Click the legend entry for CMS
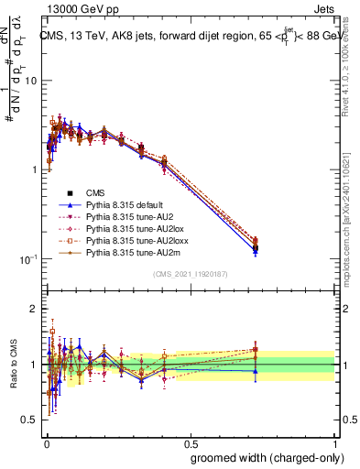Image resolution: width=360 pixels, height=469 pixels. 97,192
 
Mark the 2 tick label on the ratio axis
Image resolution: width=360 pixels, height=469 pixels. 35,309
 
